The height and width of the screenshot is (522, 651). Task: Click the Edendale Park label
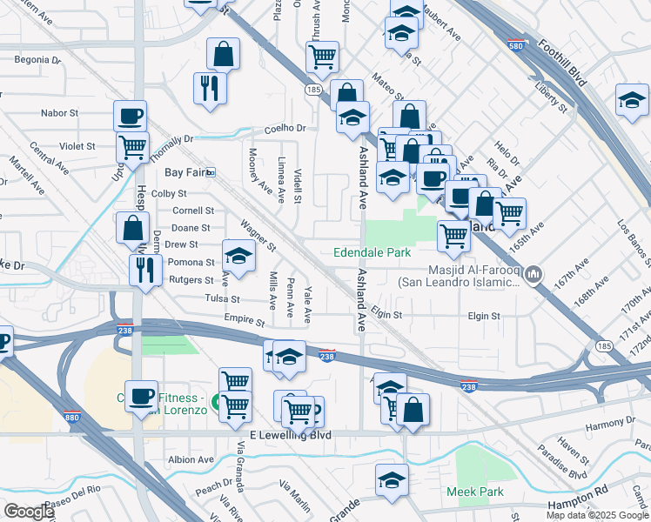pyautogui.click(x=372, y=253)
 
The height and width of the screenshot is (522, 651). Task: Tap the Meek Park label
pyautogui.click(x=475, y=492)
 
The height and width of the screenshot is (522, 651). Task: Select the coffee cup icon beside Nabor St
pyautogui.click(x=130, y=116)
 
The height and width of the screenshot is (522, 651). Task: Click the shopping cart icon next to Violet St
pyautogui.click(x=133, y=147)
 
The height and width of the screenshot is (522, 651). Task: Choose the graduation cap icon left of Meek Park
pyautogui.click(x=392, y=479)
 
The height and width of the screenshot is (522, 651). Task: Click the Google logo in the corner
pyautogui.click(x=29, y=512)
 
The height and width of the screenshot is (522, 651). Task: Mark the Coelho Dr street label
pyautogui.click(x=285, y=128)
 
